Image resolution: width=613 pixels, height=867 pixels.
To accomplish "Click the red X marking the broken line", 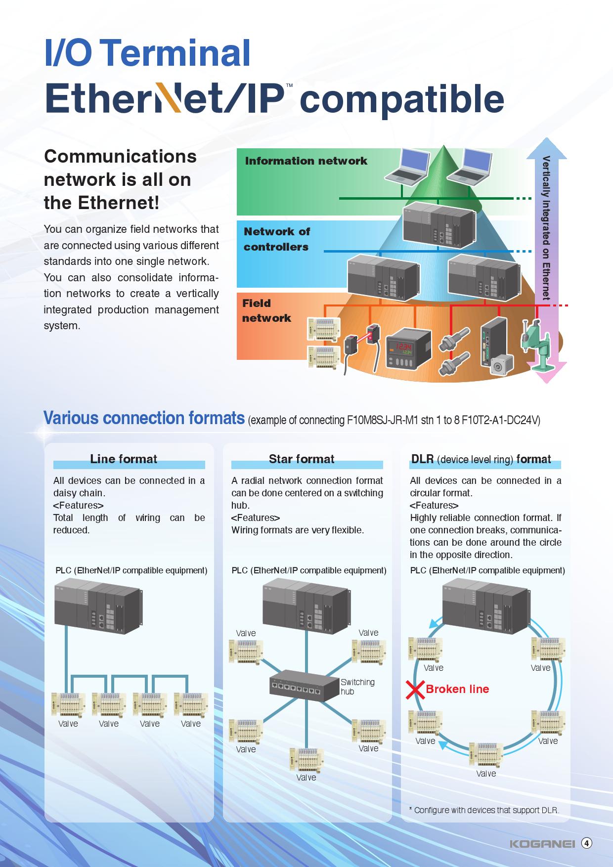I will point(415,690).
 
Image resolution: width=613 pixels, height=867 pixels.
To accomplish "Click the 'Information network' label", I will point(306,161).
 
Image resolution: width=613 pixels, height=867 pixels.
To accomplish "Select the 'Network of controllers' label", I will point(276,239).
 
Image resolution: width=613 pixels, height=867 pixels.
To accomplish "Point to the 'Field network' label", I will point(266,310).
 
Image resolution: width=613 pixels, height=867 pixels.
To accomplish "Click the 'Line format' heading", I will point(124,459).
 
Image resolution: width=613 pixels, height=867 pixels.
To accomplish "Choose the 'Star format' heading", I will point(302,459).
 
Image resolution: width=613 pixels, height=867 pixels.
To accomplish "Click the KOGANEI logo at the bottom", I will point(542,844).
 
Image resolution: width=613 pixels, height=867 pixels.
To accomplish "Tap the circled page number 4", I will point(586,843).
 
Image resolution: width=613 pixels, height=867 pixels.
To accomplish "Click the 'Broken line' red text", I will point(457,689).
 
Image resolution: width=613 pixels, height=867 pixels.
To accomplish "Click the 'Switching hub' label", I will point(357,687).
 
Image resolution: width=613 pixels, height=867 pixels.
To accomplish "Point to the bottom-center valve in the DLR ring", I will point(485,755).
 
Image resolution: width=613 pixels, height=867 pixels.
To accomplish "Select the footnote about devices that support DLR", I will point(484,810).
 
